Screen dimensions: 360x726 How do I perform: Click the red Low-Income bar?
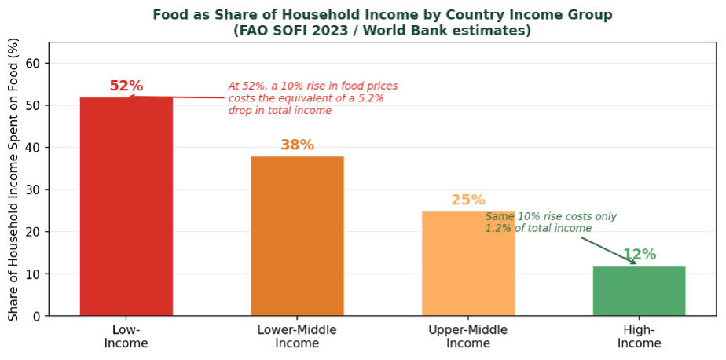point(126,206)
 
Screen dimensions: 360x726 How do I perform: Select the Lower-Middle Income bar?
point(297,236)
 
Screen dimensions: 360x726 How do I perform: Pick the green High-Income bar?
point(639,291)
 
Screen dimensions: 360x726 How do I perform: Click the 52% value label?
point(126,86)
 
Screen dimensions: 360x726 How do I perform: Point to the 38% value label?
point(297,145)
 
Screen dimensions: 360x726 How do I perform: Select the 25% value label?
point(468,200)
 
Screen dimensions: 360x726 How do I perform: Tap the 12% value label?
point(639,255)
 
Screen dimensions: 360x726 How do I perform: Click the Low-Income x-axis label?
point(126,336)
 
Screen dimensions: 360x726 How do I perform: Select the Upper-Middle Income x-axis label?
point(468,336)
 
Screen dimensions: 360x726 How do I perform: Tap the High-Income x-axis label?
point(639,336)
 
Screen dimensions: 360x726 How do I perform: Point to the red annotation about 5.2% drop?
point(312,98)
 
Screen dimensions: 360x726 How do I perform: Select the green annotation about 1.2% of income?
point(550,222)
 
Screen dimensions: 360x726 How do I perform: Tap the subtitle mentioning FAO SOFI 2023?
point(382,31)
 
